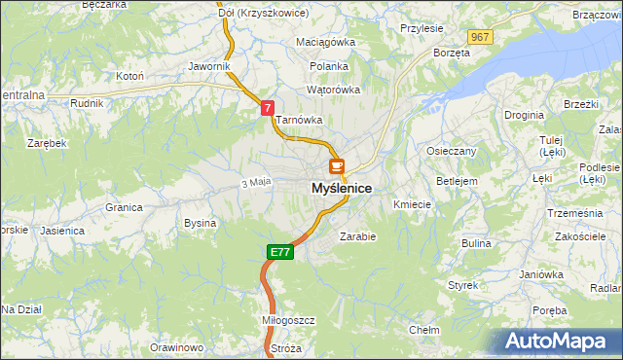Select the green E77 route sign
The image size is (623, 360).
[x=279, y=252]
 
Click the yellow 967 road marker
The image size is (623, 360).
[x=479, y=37]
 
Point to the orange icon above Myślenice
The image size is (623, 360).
[x=337, y=166]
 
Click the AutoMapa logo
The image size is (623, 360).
[x=561, y=341]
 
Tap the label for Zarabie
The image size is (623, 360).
[x=357, y=235]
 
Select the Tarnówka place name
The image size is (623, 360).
[x=299, y=121]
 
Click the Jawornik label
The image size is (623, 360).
[x=209, y=66]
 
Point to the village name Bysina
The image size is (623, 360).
[x=200, y=223]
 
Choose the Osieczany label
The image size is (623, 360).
[x=451, y=151]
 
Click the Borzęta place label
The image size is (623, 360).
[x=452, y=53]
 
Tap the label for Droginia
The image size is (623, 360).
[x=524, y=115]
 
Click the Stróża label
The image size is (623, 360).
[x=286, y=347]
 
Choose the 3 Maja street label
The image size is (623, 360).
[x=254, y=182]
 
